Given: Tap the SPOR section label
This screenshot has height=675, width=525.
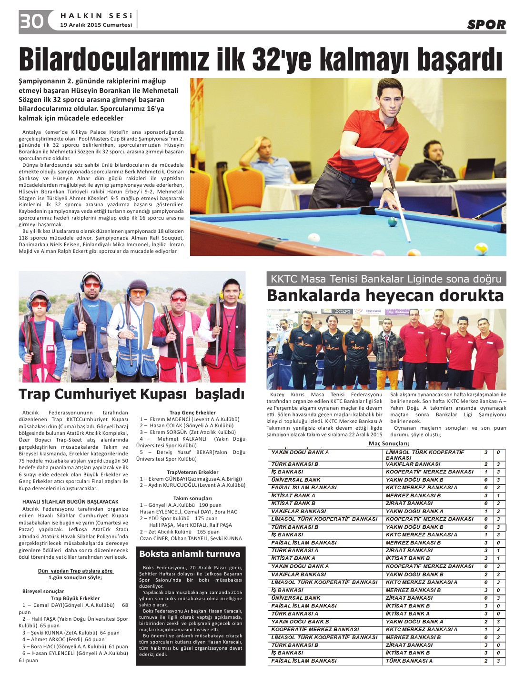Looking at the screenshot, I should click(486, 24).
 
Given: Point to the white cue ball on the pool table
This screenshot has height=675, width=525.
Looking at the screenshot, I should click(313, 237).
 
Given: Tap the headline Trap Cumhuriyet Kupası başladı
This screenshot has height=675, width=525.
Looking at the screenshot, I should click(131, 394).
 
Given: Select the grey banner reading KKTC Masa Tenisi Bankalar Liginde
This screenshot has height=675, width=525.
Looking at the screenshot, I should click(386, 279).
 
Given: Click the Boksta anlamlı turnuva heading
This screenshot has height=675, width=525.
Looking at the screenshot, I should click(190, 554).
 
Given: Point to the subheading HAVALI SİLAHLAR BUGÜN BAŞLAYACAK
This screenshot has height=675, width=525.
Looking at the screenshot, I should click(71, 502).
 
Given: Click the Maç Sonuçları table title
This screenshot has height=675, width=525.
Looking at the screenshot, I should click(388, 443).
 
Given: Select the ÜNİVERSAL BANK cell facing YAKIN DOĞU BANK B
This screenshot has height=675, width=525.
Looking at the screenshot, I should click(296, 480).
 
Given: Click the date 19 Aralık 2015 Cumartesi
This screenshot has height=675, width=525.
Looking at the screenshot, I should click(96, 25).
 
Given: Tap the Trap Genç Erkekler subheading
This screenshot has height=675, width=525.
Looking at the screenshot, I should click(192, 413).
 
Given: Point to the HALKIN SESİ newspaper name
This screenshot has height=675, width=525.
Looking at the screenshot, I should click(96, 16).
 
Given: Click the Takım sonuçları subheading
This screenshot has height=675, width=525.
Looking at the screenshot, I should click(192, 498).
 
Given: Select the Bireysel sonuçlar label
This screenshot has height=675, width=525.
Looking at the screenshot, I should click(43, 591).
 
